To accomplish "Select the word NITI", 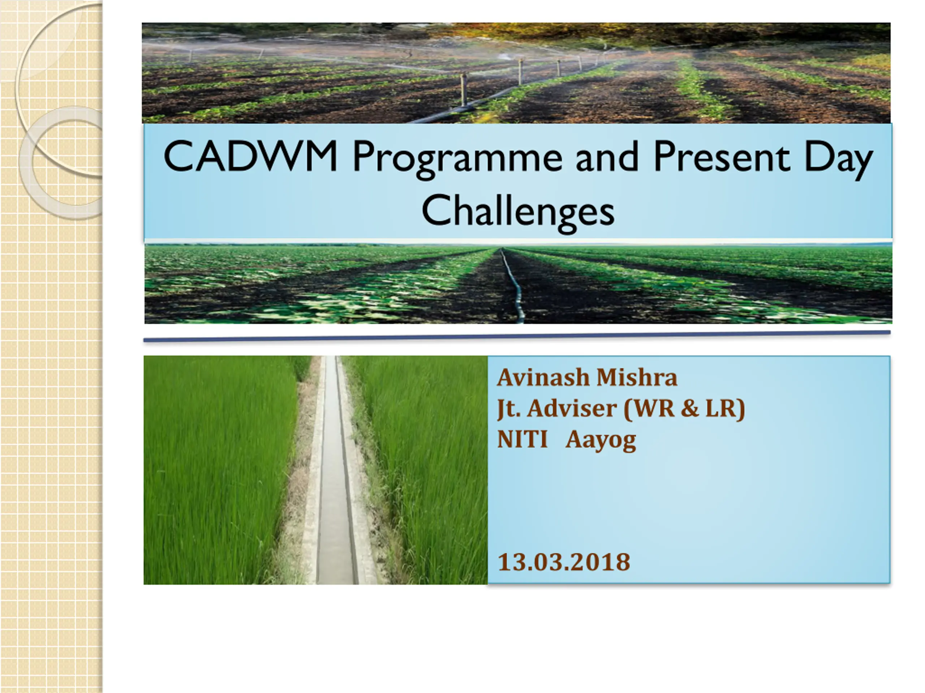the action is point(522,440).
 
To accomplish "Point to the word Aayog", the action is point(601,441).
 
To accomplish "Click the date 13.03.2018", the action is point(564,562).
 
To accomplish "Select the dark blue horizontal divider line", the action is point(517,336).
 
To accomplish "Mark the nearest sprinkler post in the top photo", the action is point(463,90).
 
